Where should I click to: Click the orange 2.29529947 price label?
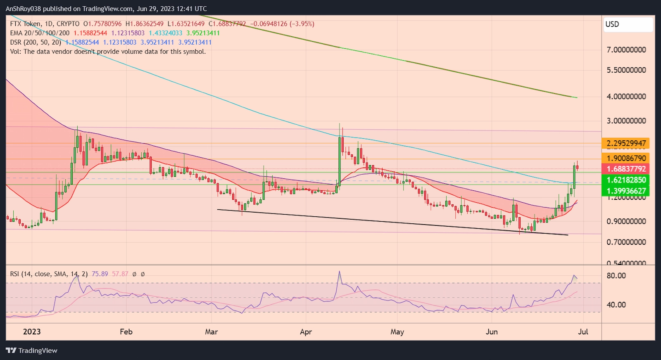tap(625, 144)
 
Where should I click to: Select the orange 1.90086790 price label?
tap(625, 158)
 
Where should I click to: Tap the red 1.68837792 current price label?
tap(625, 169)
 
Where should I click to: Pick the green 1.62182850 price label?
tap(625, 180)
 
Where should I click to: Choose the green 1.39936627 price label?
tap(625, 191)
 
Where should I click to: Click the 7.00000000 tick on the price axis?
tap(626, 50)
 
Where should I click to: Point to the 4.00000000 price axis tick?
tap(626, 97)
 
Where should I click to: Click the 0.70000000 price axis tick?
tap(626, 242)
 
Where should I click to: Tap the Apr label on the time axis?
tap(306, 332)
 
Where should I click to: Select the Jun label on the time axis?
tap(492, 332)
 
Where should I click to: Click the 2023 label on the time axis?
tap(32, 332)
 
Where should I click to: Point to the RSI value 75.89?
tap(100, 274)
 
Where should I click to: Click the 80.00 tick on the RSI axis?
tap(616, 276)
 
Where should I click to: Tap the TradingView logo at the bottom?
tap(32, 351)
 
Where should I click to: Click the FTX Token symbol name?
tap(25, 24)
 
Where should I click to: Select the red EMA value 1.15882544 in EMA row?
tap(90, 33)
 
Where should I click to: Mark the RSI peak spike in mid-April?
tap(340, 272)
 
